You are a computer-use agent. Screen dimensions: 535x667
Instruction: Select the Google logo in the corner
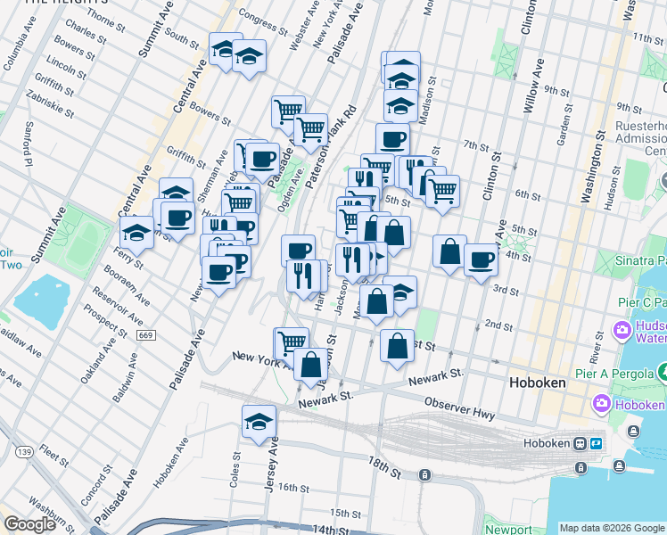pos(29,524)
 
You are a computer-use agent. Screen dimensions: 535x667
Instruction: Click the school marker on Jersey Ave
pos(259,421)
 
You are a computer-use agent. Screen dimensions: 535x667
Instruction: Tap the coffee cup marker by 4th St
pos(481,260)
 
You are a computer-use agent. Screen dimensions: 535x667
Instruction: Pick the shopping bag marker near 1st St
pos(396,347)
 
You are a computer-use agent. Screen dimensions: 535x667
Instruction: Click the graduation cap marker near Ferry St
pos(136,233)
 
